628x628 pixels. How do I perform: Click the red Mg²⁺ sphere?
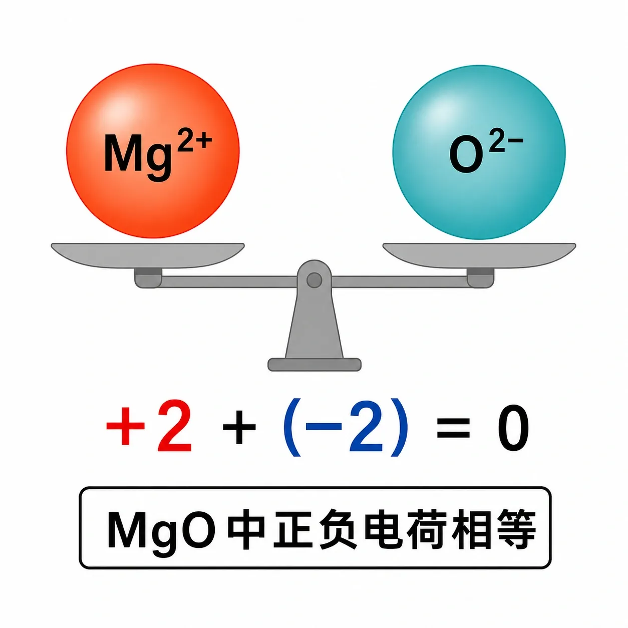tap(153, 151)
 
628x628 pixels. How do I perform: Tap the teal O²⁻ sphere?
tap(479, 152)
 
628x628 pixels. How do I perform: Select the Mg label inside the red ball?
tap(138, 158)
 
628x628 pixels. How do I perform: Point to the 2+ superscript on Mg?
tap(194, 142)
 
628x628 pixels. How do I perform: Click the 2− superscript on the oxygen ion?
tap(506, 143)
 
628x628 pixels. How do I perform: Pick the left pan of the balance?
tap(148, 256)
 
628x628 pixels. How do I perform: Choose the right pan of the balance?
tap(479, 256)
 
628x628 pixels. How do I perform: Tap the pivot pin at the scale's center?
tap(314, 280)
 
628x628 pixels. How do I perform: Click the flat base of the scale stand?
tap(314, 365)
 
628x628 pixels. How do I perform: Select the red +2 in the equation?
tap(149, 426)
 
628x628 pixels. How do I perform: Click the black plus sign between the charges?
tap(239, 427)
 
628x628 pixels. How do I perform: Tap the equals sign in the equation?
tap(453, 428)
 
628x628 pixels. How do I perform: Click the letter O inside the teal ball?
tap(466, 157)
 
